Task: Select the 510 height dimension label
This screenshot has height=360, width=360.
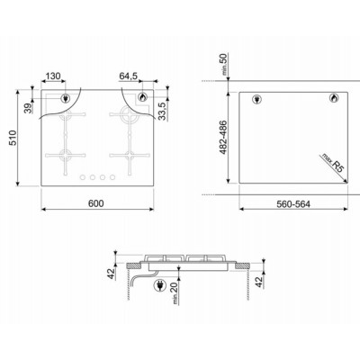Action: (x=12, y=139)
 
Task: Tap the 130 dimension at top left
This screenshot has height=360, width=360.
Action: (x=53, y=76)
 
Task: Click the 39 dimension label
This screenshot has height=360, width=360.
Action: (x=25, y=109)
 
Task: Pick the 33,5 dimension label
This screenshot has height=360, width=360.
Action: (x=162, y=111)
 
